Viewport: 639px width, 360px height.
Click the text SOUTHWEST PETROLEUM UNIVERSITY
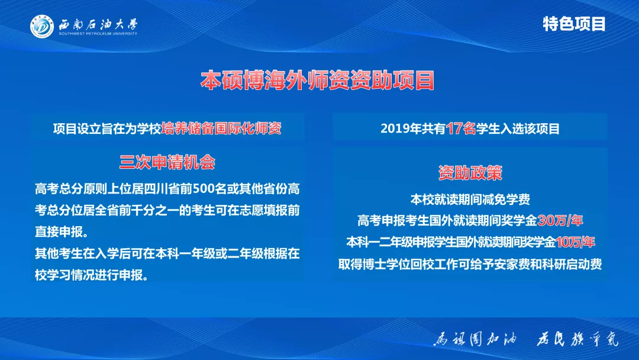point(97,34)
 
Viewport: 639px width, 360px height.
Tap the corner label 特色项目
point(574,24)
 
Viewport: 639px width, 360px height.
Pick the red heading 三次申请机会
point(167,162)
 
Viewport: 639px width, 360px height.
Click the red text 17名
point(461,128)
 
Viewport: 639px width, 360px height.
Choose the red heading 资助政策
point(470,172)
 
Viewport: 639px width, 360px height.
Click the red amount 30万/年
point(560,221)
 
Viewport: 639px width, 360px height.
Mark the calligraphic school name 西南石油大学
point(98,24)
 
